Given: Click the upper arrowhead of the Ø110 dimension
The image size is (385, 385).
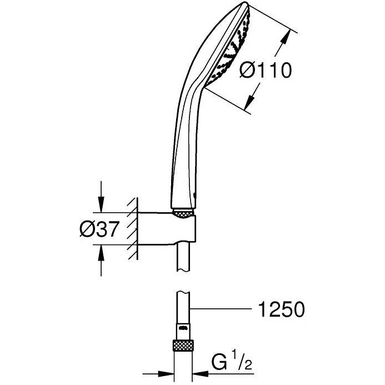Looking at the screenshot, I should pos(288,33).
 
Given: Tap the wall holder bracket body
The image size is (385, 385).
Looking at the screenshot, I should pos(167,229).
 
